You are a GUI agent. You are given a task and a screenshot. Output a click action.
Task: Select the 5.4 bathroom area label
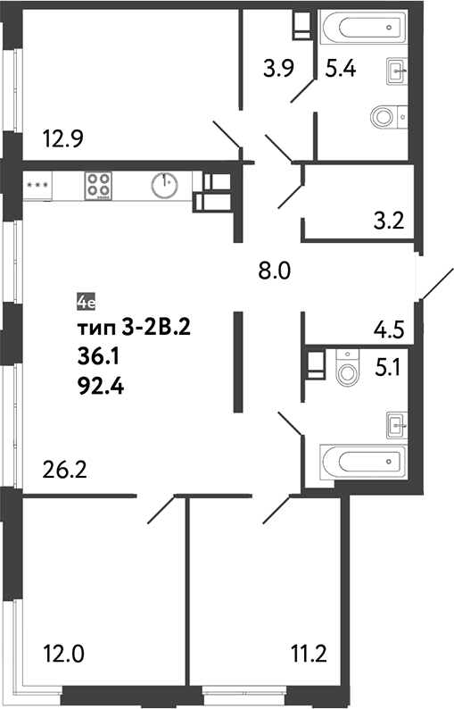[x=341, y=67]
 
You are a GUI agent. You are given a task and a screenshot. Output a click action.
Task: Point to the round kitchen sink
[x=164, y=185]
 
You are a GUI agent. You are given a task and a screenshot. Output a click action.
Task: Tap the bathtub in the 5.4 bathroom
[x=363, y=28]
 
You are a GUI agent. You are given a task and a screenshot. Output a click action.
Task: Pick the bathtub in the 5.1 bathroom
[x=363, y=463]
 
